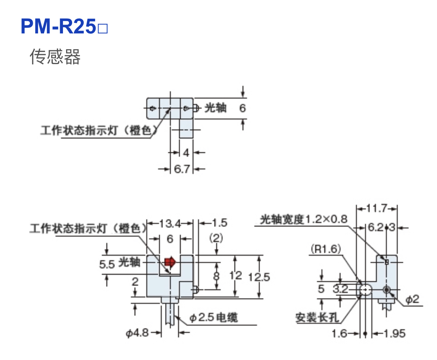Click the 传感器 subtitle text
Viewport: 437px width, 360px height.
[x=55, y=57]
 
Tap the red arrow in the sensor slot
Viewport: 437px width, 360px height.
[x=170, y=262]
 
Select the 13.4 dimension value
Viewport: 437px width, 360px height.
[x=170, y=223]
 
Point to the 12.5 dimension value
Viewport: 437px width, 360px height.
[x=259, y=277]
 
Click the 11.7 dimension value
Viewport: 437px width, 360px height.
[x=376, y=208]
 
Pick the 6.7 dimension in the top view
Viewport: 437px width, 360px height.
[x=182, y=169]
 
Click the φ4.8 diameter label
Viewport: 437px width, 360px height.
[x=137, y=333]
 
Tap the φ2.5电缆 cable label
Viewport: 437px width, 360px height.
[x=214, y=317]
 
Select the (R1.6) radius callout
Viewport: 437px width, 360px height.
[x=326, y=249]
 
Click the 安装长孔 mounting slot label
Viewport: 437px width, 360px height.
[x=317, y=317]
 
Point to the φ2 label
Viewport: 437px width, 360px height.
[x=412, y=299]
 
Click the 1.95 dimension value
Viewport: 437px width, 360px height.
[x=394, y=333]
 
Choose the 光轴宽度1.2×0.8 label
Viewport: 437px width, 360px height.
[x=304, y=219]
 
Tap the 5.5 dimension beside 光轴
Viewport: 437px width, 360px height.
[x=107, y=264]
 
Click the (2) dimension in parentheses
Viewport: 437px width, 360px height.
[x=216, y=238]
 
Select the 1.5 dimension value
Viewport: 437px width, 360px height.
[x=219, y=223]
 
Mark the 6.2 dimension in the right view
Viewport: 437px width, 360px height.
[x=375, y=227]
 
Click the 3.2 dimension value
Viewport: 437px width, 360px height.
[x=340, y=289]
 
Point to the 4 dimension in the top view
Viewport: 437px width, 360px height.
[x=186, y=153]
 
